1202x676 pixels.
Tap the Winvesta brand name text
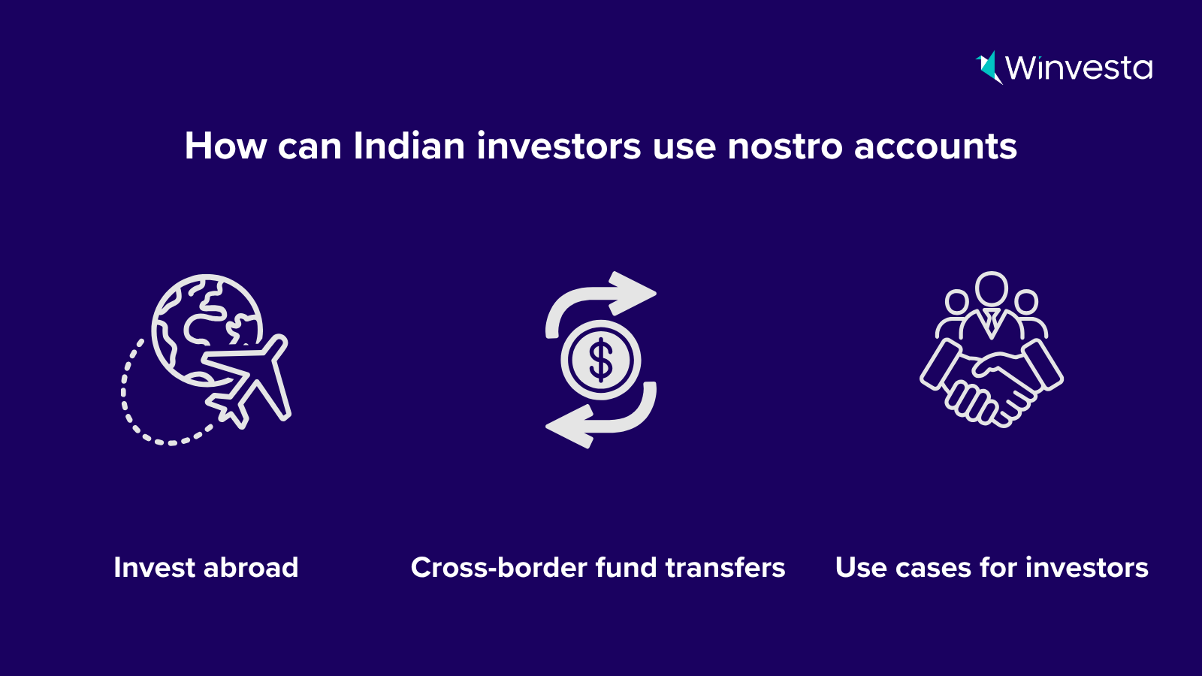pos(1079,68)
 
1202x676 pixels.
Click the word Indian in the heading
pos(409,146)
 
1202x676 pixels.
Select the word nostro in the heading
pos(785,146)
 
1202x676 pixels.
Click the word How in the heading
pos(225,146)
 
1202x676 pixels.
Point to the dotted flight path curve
pos(139,413)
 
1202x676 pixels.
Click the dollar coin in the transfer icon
pos(601,360)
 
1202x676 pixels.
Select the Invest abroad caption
pos(206,567)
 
